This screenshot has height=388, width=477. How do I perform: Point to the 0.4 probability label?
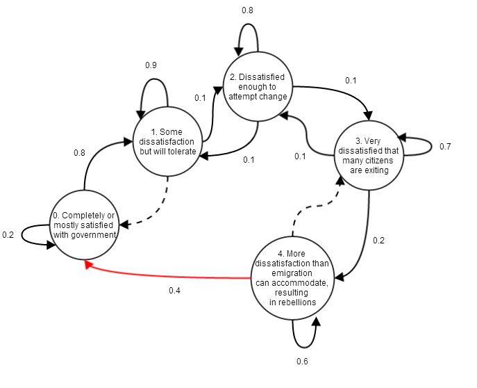[x=174, y=291]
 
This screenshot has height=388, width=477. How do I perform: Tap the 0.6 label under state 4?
[x=302, y=361]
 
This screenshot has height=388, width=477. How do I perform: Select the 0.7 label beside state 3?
[x=445, y=147]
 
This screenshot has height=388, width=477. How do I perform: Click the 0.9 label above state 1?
[x=151, y=65]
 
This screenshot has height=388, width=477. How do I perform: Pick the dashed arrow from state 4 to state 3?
[x=317, y=206]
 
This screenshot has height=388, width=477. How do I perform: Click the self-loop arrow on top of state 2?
[x=248, y=24]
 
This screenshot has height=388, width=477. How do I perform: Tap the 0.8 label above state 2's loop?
[x=247, y=10]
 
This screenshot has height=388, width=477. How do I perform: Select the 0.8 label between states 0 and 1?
[x=79, y=152]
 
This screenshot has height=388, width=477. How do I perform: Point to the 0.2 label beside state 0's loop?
[x=8, y=235]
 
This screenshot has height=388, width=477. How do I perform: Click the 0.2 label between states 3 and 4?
[x=378, y=241]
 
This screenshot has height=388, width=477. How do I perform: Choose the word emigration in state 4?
[x=292, y=273]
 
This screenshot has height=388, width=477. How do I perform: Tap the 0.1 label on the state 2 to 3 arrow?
[x=351, y=81]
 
